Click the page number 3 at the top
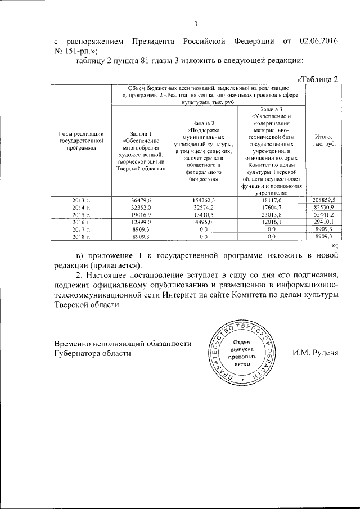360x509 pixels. coord(196,24)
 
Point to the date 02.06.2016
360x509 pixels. coord(320,41)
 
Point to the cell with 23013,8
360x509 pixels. coord(272,215)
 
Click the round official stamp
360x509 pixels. coord(241,354)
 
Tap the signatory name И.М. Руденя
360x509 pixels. coord(315,353)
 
